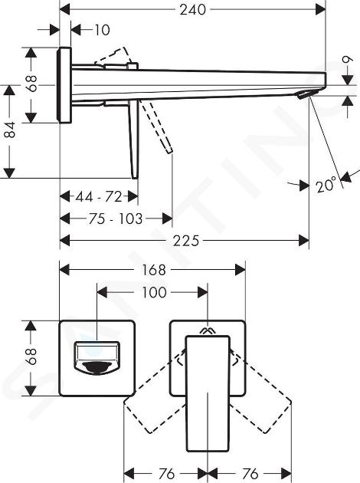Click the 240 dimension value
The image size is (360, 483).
pyautogui.click(x=192, y=9)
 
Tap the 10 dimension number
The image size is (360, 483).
pyautogui.click(x=102, y=30)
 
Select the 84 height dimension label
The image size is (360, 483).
pyautogui.click(x=10, y=130)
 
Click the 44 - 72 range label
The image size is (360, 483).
pyautogui.click(x=99, y=196)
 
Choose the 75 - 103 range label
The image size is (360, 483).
pyautogui.click(x=116, y=219)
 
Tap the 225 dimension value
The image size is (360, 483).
pyautogui.click(x=186, y=240)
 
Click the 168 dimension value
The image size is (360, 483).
pyautogui.click(x=153, y=270)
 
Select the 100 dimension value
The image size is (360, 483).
pyautogui.click(x=154, y=292)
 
